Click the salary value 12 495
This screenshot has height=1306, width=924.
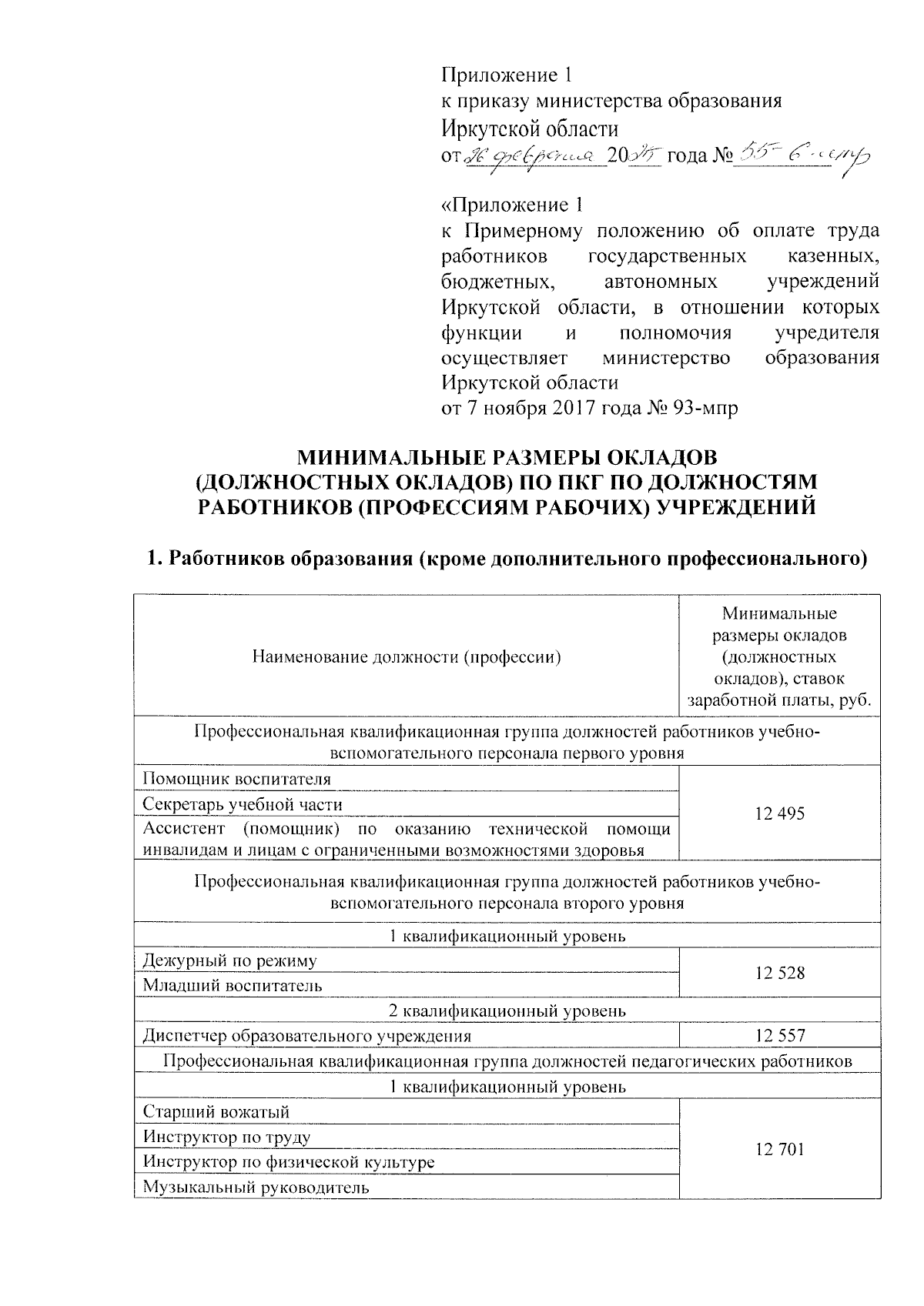[x=779, y=813]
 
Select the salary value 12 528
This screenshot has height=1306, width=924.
[x=779, y=973]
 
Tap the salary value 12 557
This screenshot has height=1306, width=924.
[x=779, y=1036]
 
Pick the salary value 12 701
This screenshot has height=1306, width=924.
[x=779, y=1149]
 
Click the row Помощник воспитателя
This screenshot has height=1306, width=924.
[x=237, y=779]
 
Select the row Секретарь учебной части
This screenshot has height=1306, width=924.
[x=243, y=804]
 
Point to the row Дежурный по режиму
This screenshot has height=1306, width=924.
[x=229, y=960]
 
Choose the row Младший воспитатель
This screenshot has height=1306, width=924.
[x=233, y=985]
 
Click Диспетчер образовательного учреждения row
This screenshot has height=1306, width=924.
[x=306, y=1036]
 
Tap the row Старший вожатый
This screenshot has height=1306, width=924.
[x=216, y=1111]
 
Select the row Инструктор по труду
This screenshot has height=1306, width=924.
[x=227, y=1137]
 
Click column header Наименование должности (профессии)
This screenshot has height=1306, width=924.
[x=406, y=656]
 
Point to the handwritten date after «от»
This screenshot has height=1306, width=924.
[x=531, y=157]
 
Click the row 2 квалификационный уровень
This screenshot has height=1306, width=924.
[x=507, y=1010]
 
